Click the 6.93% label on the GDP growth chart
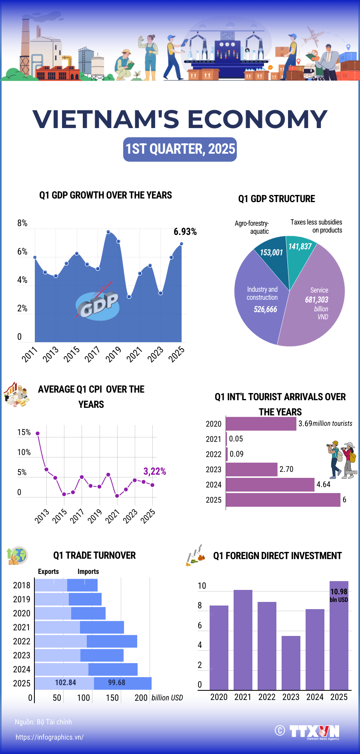tap(185, 232)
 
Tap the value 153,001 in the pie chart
tap(271, 253)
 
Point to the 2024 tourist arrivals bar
tap(270, 485)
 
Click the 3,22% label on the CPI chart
tap(154, 471)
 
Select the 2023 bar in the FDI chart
tap(291, 662)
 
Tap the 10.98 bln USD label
tap(339, 595)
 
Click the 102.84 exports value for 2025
tap(66, 683)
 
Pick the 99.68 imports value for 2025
tap(117, 683)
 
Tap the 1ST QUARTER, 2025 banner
tap(180, 149)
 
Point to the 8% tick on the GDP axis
tap(22, 223)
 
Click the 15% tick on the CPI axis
tap(24, 432)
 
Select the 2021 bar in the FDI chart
tap(243, 640)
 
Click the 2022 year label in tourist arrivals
tap(214, 454)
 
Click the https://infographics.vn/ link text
tap(50, 737)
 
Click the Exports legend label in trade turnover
tap(48, 572)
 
